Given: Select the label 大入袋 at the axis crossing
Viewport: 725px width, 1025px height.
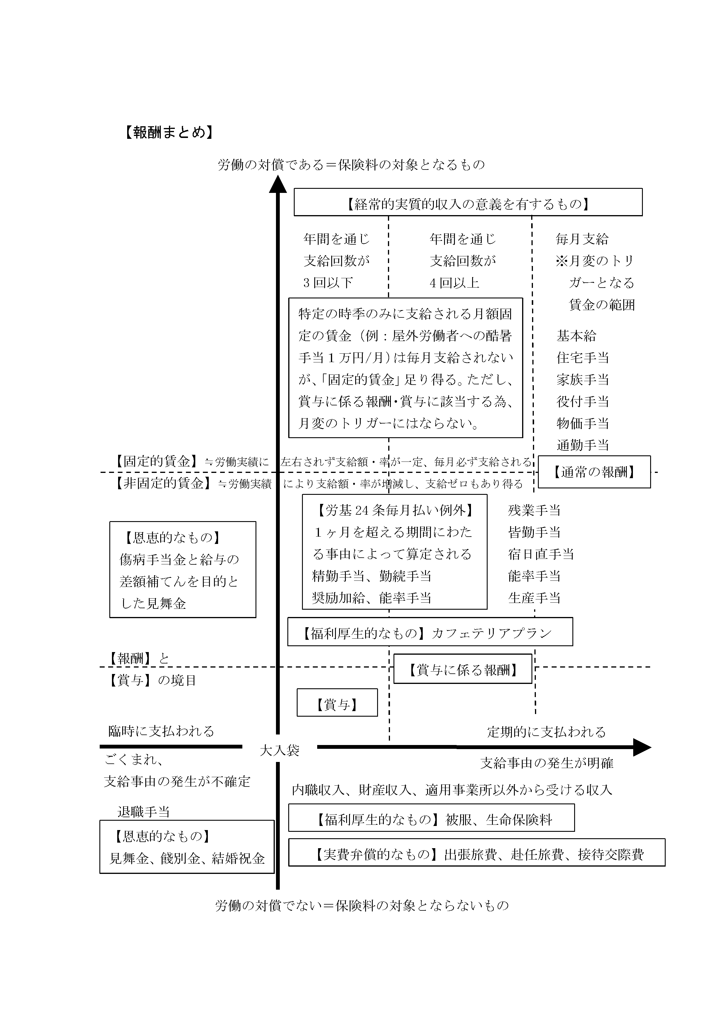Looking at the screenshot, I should tap(279, 751).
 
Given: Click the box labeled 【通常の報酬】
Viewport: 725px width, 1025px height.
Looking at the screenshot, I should tap(594, 472).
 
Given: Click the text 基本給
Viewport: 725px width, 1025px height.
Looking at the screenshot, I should tap(576, 336).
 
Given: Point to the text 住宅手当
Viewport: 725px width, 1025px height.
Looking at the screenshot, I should tap(583, 357).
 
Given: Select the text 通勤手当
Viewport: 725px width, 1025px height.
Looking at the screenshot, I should tap(583, 445).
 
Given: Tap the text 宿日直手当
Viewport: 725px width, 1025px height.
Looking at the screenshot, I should tap(541, 554).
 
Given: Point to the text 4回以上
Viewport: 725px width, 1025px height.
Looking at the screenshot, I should tap(455, 283).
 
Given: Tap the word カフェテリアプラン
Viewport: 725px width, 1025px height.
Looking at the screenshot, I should tap(491, 633).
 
